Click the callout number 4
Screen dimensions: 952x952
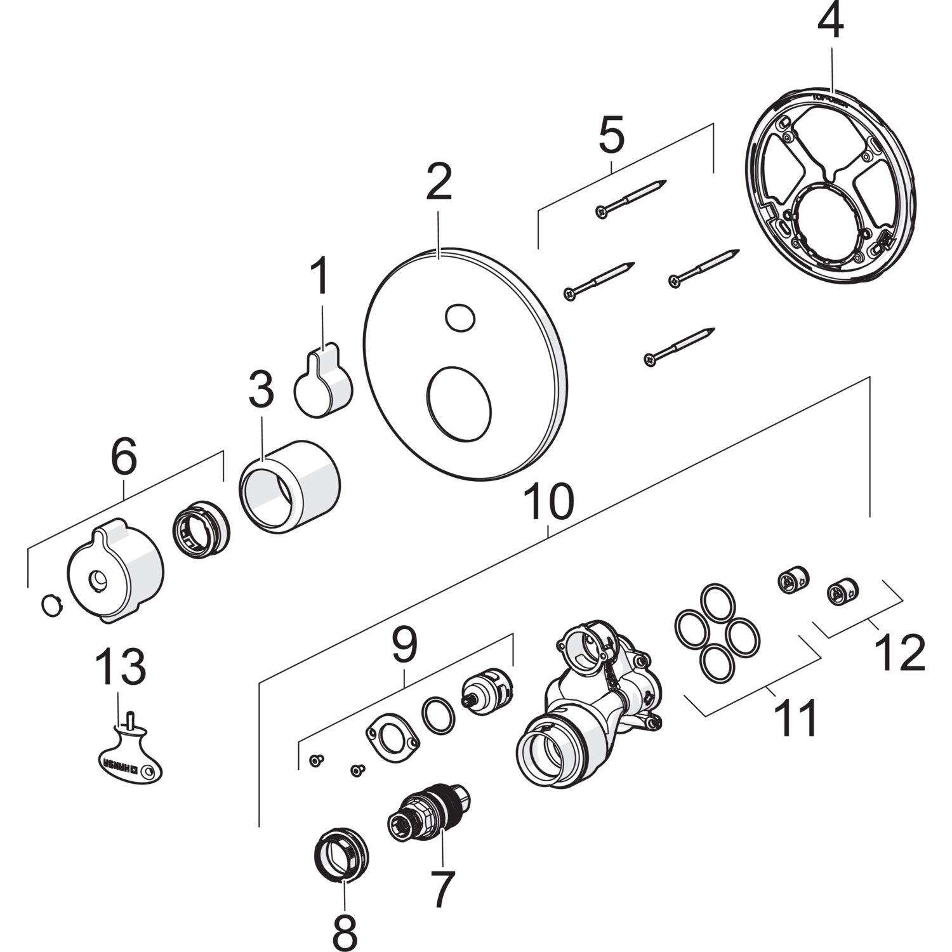click(x=830, y=23)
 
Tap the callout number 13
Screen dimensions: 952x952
click(x=121, y=667)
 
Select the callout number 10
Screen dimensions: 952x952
click(x=550, y=501)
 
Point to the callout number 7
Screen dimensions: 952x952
click(x=442, y=889)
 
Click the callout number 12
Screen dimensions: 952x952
click(x=899, y=653)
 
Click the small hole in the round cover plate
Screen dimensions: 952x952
click(x=459, y=317)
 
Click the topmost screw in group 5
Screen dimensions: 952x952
click(x=630, y=197)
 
